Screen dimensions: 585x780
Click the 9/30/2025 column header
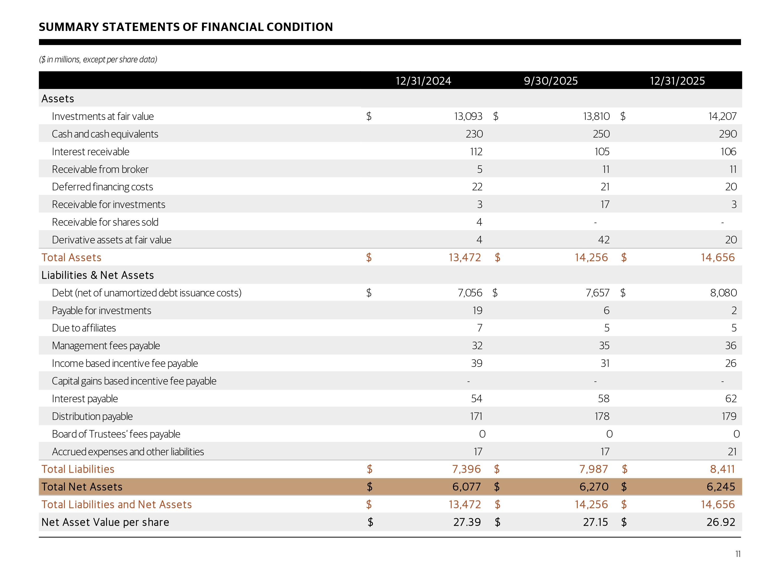click(550, 81)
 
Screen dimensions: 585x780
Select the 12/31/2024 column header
click(423, 81)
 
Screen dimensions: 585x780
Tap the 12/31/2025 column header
click(677, 81)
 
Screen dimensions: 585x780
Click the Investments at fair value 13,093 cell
click(468, 116)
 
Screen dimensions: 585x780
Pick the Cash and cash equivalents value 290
click(727, 134)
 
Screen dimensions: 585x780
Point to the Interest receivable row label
click(91, 152)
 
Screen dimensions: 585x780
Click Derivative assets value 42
click(604, 240)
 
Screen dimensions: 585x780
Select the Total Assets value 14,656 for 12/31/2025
click(717, 257)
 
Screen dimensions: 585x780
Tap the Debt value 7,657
click(597, 293)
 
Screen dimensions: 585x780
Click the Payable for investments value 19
click(477, 310)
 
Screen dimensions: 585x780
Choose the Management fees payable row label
click(106, 346)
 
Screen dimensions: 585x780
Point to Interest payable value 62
click(731, 399)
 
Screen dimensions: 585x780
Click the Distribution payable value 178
click(602, 416)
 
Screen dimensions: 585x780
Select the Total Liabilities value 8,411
click(722, 469)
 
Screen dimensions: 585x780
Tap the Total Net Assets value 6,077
click(466, 487)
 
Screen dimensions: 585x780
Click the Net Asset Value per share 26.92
click(720, 522)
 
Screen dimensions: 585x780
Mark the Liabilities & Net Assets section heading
click(98, 275)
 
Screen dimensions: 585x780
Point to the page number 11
click(738, 554)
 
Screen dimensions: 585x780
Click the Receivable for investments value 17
click(605, 205)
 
